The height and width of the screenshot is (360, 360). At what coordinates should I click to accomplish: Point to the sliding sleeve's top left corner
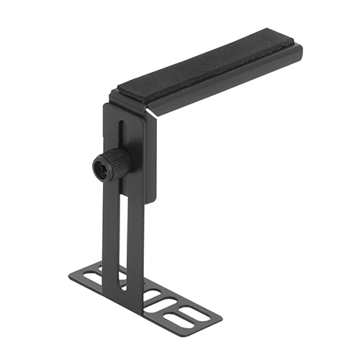point(105,106)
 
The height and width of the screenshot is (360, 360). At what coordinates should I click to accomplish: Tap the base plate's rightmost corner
point(213,317)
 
